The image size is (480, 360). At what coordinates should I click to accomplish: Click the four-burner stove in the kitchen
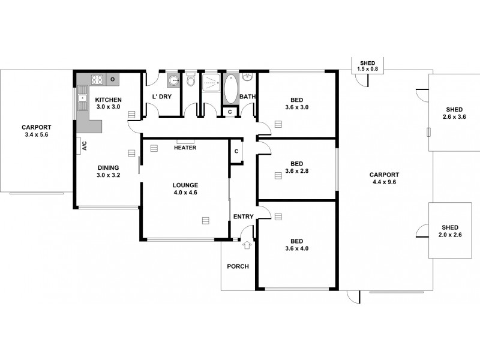[x=98, y=79]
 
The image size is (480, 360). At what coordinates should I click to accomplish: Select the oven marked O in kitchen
[x=112, y=79]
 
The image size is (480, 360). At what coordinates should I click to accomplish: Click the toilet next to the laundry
[x=191, y=80]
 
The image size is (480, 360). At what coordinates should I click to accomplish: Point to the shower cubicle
[x=211, y=82]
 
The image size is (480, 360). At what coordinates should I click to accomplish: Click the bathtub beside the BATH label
[x=231, y=88]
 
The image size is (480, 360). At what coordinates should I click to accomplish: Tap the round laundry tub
[x=173, y=80]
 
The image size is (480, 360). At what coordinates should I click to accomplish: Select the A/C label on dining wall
[x=84, y=145]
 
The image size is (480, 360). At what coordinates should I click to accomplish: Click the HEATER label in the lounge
[x=185, y=148]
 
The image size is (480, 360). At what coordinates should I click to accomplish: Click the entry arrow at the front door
[x=246, y=244]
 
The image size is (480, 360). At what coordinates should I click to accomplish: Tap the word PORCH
[x=238, y=266]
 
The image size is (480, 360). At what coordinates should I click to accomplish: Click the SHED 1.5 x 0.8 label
[x=367, y=67]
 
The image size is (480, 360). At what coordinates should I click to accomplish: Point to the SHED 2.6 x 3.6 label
[x=454, y=113]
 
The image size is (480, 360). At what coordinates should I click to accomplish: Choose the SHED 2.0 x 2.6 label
[x=449, y=231]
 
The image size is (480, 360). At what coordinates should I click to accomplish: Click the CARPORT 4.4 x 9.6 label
[x=383, y=178]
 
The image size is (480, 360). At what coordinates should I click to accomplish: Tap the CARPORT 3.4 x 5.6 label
[x=36, y=131]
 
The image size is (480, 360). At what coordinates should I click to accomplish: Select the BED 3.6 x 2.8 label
[x=296, y=167]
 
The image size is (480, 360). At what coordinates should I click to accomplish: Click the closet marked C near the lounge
[x=236, y=151]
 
